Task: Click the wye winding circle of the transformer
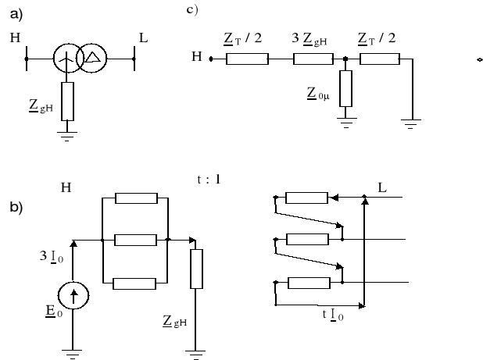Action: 68,58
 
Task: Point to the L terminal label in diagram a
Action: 142,37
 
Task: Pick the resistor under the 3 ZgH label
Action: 314,58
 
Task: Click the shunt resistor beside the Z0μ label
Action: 345,87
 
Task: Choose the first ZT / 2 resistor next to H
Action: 247,58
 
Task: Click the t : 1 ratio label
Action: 209,180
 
